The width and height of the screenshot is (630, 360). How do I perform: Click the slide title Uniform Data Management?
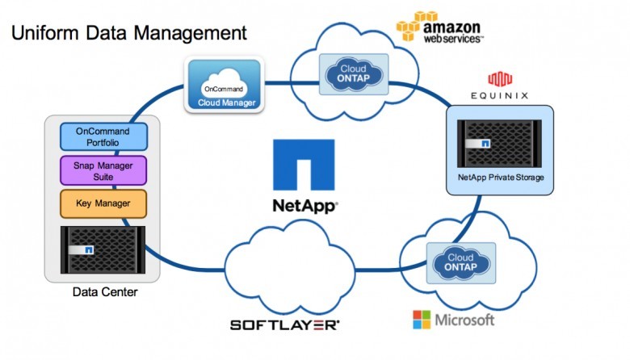[128, 33]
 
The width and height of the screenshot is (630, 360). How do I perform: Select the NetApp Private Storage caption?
[501, 177]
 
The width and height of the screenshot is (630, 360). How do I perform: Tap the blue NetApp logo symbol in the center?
[303, 166]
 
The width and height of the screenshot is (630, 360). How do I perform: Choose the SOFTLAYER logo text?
[284, 324]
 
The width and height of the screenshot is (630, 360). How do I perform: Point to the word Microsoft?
[464, 320]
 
